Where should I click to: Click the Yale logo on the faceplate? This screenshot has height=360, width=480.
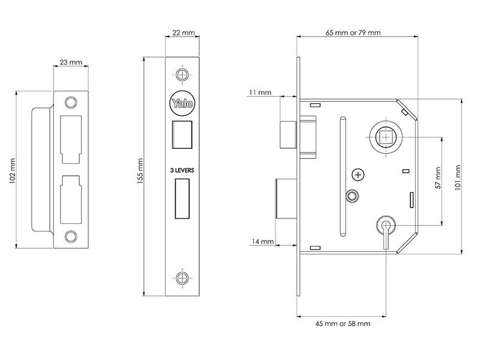pyautogui.click(x=182, y=103)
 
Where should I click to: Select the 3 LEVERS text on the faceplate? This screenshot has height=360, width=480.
pyautogui.click(x=182, y=171)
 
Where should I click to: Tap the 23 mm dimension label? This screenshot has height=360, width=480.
pyautogui.click(x=71, y=62)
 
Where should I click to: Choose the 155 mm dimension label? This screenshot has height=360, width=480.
pyautogui.click(x=140, y=173)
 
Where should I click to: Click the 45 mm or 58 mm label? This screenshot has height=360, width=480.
pyautogui.click(x=343, y=323)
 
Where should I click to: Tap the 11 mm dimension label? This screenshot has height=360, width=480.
pyautogui.click(x=259, y=93)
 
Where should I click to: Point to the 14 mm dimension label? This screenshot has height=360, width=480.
pyautogui.click(x=263, y=242)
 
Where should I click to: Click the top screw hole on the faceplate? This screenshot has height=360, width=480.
pyautogui.click(x=182, y=74)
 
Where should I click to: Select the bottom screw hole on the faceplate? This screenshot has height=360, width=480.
pyautogui.click(x=182, y=277)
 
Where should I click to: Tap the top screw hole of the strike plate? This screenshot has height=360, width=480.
pyautogui.click(x=71, y=101)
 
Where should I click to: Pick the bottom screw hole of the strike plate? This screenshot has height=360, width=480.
pyautogui.click(x=71, y=236)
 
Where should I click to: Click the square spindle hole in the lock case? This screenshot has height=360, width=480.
pyautogui.click(x=383, y=137)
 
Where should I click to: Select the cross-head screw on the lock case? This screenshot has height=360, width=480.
pyautogui.click(x=359, y=175)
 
